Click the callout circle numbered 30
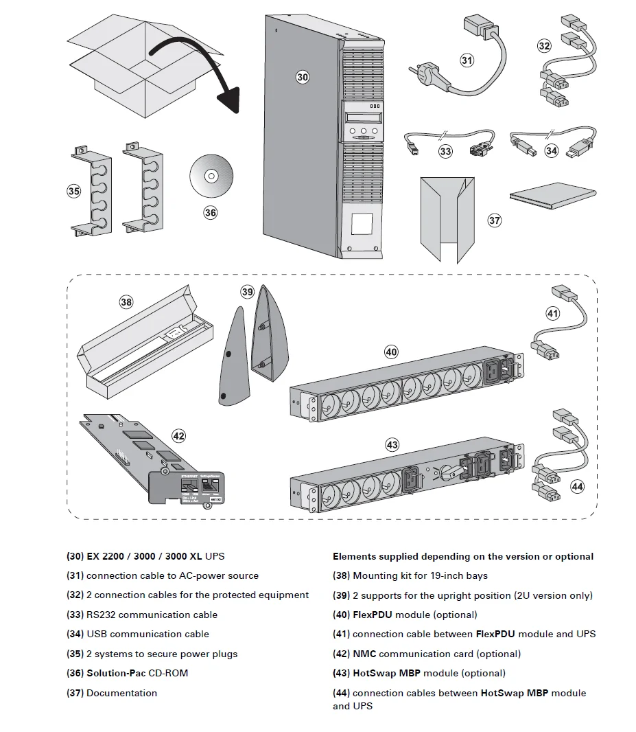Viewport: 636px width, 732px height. (303, 77)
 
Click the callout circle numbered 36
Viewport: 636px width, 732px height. (211, 213)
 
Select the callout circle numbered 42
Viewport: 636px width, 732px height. (178, 435)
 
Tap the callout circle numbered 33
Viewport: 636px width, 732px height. (446, 150)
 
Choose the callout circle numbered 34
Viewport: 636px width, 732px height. (552, 150)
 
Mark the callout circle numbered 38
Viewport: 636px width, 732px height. (126, 301)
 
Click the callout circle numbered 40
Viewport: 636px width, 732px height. (390, 352)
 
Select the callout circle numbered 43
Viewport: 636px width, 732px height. (392, 445)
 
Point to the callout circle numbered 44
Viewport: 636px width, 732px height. (577, 487)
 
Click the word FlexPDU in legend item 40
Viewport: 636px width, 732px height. (373, 615)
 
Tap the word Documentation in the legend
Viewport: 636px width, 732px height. (121, 693)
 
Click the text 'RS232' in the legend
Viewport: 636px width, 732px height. (102, 615)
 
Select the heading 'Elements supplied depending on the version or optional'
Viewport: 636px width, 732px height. (463, 556)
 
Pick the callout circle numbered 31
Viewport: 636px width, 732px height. (467, 60)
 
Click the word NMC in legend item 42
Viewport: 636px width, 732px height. (364, 654)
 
